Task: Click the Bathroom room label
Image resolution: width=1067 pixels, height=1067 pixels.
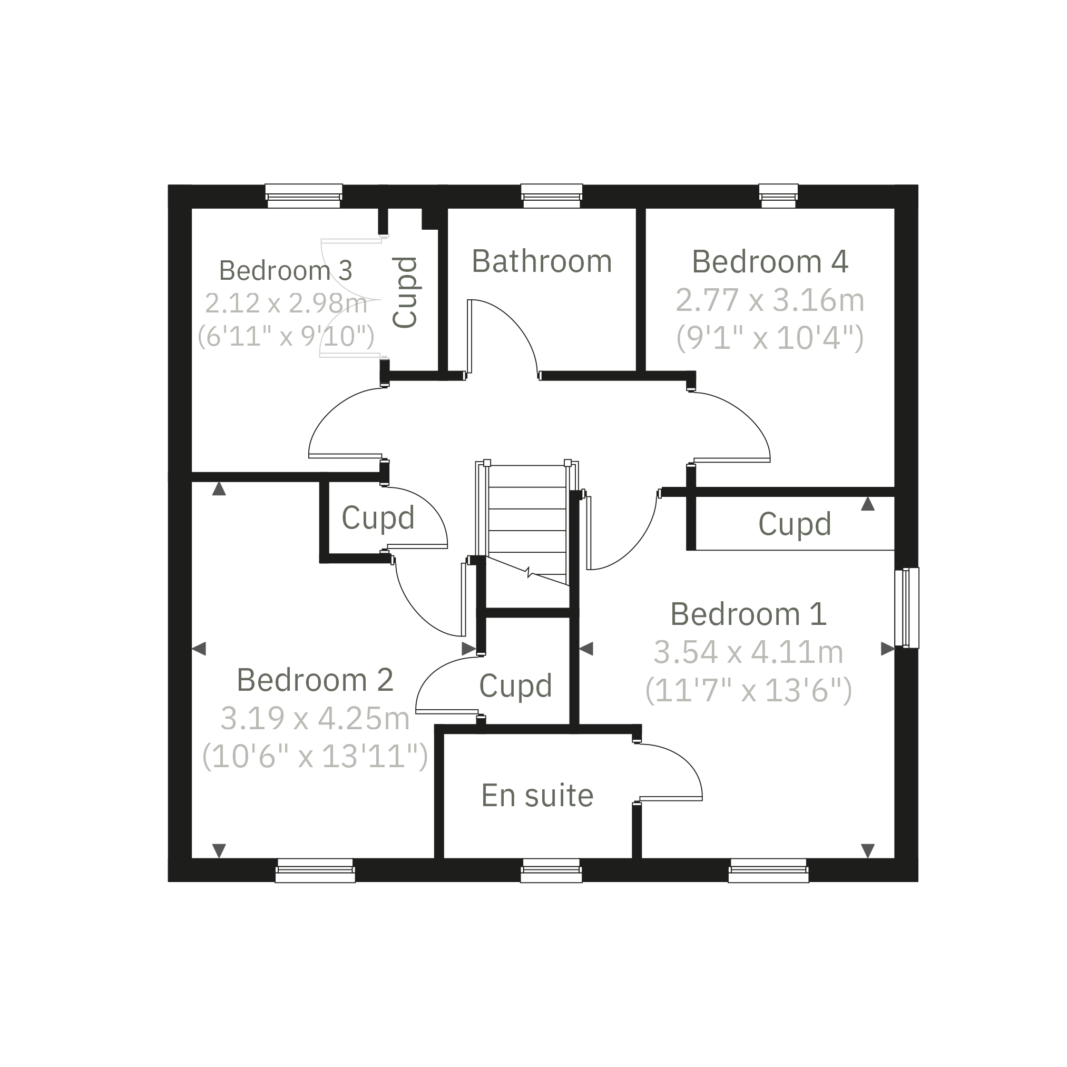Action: pyautogui.click(x=542, y=261)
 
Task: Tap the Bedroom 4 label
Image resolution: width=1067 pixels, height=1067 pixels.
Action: pyautogui.click(x=770, y=261)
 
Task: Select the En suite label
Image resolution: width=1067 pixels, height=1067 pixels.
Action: pyautogui.click(x=537, y=795)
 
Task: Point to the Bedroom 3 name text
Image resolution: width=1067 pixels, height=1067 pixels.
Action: pyautogui.click(x=285, y=271)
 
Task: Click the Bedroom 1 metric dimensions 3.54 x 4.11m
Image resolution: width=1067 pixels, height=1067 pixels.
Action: pyautogui.click(x=748, y=652)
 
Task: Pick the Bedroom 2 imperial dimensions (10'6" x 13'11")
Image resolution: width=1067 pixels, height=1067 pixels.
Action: pyautogui.click(x=315, y=756)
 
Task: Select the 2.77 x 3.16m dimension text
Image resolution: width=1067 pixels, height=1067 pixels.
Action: pyautogui.click(x=770, y=300)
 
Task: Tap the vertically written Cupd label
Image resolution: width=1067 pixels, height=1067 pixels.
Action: pyautogui.click(x=405, y=292)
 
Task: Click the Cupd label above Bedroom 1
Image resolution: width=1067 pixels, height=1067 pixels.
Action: pyautogui.click(x=795, y=524)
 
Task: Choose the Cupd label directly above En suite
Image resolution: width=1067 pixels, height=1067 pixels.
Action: pyautogui.click(x=515, y=686)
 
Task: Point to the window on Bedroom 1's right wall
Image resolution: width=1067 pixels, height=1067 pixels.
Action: pyautogui.click(x=907, y=607)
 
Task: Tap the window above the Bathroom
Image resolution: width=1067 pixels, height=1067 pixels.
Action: pyautogui.click(x=552, y=196)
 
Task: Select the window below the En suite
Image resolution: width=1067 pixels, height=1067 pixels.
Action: pyautogui.click(x=552, y=871)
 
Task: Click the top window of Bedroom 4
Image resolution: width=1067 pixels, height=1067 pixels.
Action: pyautogui.click(x=778, y=196)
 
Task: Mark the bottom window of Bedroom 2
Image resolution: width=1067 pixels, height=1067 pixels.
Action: pyautogui.click(x=315, y=871)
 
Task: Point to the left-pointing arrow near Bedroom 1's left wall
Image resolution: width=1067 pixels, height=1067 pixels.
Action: pyautogui.click(x=586, y=649)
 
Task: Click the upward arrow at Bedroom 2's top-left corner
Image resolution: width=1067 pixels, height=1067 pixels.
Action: pyautogui.click(x=219, y=488)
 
